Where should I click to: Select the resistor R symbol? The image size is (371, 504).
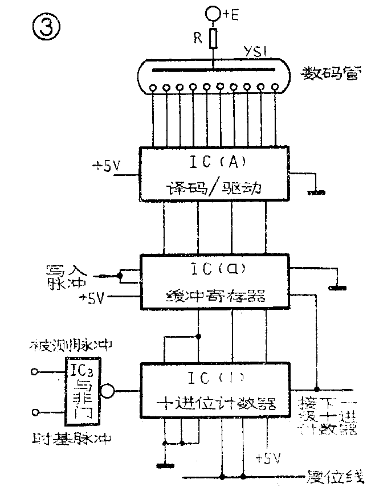(x=213, y=39)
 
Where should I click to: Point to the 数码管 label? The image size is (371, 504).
(x=329, y=74)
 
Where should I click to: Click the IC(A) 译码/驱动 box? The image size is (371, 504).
(x=215, y=174)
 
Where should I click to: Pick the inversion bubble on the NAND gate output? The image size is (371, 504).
(x=108, y=391)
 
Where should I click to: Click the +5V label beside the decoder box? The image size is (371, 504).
(x=105, y=167)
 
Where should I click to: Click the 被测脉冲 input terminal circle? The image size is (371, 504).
(x=36, y=372)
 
